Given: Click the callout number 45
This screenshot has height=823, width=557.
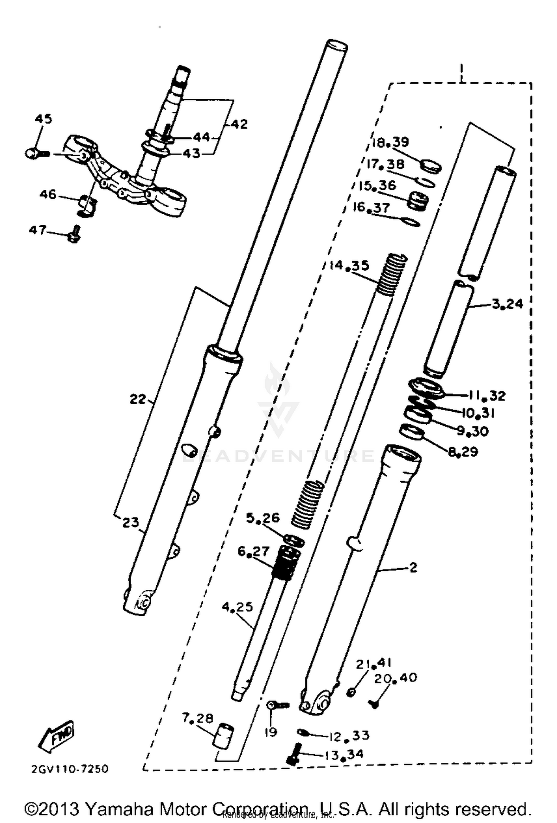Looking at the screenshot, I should tap(43, 119).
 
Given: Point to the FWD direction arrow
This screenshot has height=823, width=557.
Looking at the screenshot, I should tap(56, 737).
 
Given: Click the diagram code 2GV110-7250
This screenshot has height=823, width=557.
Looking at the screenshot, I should tap(70, 769).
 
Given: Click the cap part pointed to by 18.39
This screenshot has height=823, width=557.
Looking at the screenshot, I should tap(431, 166).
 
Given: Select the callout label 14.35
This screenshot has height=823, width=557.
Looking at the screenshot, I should tap(349, 266).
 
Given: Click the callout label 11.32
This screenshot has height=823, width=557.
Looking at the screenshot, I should tap(486, 396).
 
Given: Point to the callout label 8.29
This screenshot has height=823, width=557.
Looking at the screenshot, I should tap(463, 452).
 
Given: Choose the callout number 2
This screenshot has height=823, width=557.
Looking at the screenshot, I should tap(413, 567).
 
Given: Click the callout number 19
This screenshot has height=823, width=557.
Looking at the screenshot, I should tap(271, 732).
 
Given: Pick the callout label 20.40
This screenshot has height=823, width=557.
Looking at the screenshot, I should tap(395, 678).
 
